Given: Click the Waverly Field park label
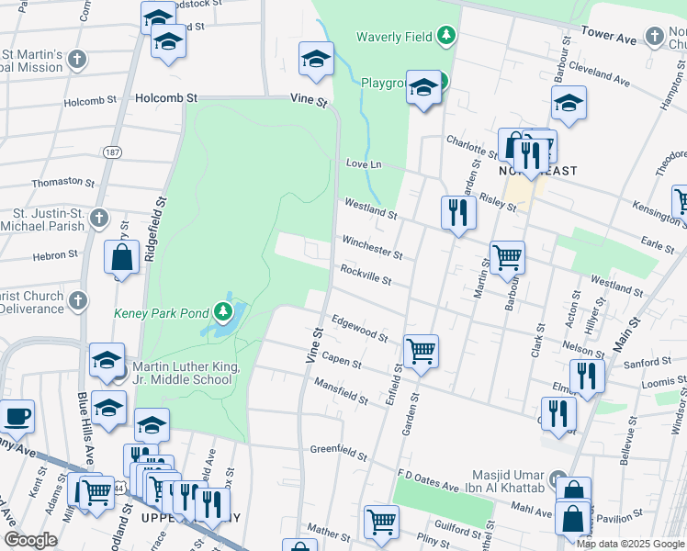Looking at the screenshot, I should pos(395,38).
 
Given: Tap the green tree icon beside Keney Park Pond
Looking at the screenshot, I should pos(222,313).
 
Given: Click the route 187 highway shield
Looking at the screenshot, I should pos(112,152).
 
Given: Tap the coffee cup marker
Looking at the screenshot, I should pos(16,417).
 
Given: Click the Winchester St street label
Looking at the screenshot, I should pos(372,246).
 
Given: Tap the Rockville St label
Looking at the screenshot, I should pos(366,274).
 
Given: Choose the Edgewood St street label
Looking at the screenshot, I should pos(359,328).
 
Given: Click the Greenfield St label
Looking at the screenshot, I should pos(339,452).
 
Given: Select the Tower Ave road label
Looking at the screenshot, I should pos(609,37).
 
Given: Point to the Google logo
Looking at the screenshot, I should pos(30,539).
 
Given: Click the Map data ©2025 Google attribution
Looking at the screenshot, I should pos(630,544).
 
